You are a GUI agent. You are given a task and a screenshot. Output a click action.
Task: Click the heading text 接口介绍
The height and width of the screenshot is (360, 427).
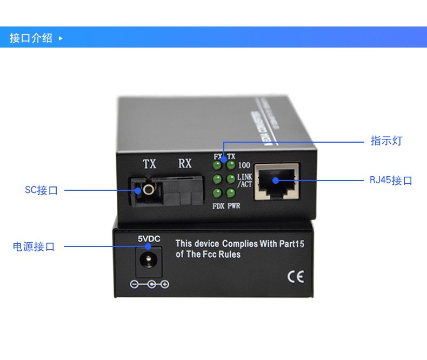pos(31,38)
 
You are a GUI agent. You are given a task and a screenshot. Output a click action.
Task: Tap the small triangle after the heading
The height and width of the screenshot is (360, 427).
pos(61,38)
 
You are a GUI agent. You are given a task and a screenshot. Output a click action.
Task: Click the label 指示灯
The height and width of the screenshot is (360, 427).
pos(386,141)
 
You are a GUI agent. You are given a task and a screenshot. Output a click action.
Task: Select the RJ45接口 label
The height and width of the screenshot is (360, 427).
pos(391,181)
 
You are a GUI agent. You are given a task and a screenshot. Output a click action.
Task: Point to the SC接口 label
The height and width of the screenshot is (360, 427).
pos(41,190)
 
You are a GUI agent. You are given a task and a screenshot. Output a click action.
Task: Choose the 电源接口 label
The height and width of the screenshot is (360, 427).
pos(34,246)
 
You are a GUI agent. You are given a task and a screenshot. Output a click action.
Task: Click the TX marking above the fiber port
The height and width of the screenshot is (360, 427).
pos(149,164)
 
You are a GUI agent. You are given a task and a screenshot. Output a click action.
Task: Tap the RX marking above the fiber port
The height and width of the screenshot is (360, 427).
pos(185,163)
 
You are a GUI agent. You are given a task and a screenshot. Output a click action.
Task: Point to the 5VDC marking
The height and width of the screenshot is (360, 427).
pos(149,238)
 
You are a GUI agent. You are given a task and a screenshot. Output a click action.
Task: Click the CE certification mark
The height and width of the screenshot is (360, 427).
pos(295,277)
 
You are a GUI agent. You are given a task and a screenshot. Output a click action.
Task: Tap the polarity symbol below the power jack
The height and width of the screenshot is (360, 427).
pos(149,284)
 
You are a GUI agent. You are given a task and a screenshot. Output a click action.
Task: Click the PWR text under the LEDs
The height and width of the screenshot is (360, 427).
pos(234,206)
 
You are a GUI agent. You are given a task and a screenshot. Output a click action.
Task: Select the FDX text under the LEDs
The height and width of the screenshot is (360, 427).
pos(218,206)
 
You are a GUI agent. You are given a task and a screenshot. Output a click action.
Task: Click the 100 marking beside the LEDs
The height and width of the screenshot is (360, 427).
pos(244,165)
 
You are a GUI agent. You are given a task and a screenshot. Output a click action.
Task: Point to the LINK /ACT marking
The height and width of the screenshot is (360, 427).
pos(245,181)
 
